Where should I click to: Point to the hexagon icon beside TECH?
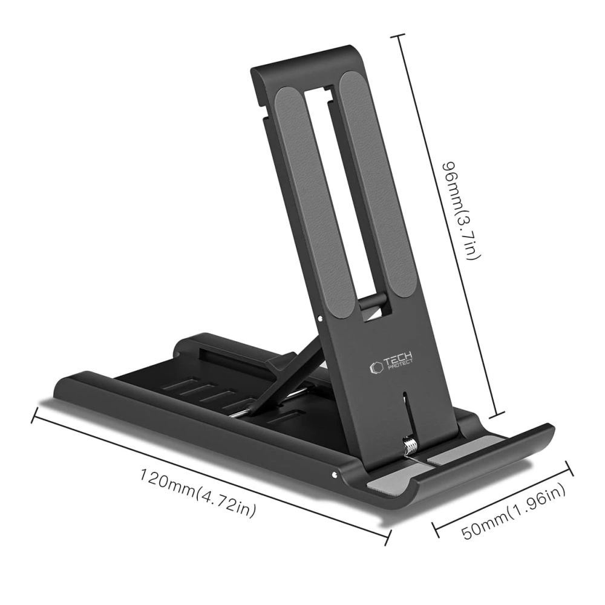374,367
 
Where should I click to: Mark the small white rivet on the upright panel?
319,316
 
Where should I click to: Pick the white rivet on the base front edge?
333,474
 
